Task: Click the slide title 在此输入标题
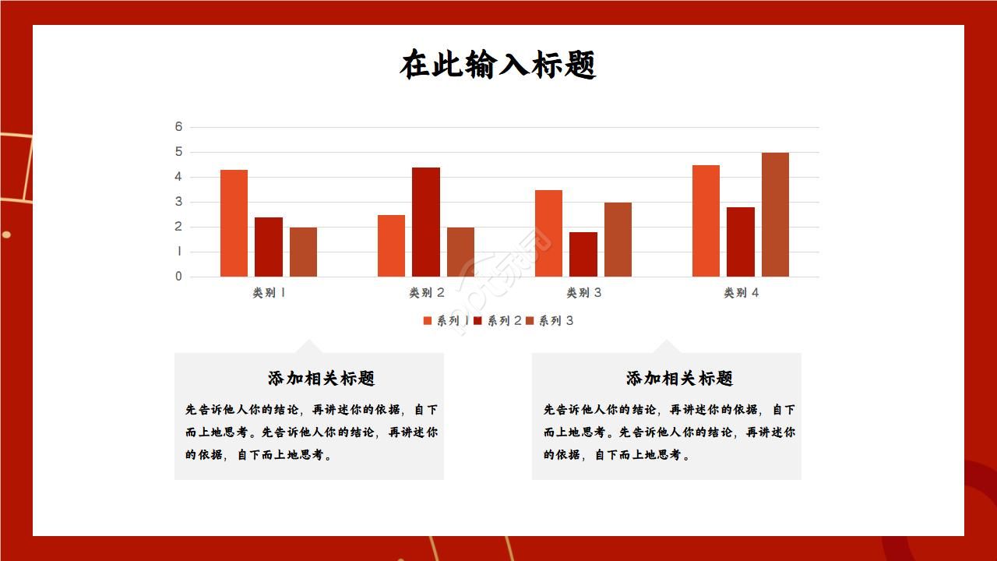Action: tap(498, 65)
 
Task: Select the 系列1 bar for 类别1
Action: tap(234, 223)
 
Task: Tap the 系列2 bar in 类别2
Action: tap(425, 222)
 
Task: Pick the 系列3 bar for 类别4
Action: tap(775, 214)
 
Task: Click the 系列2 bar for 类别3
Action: tap(583, 254)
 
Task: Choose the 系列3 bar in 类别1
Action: tap(303, 252)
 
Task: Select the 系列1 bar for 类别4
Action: tap(706, 221)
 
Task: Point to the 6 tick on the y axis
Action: tap(178, 127)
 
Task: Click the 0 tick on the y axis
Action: tap(178, 277)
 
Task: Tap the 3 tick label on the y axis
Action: tap(178, 202)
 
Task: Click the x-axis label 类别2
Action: tap(427, 293)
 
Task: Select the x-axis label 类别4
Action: tap(742, 293)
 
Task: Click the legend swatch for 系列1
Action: tap(428, 321)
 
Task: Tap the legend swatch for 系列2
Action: tap(477, 321)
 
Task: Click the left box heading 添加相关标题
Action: tap(321, 379)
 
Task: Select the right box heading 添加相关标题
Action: tap(679, 379)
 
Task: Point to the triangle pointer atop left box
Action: tap(309, 347)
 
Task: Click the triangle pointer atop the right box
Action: tap(666, 347)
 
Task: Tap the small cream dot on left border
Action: tap(6, 235)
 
